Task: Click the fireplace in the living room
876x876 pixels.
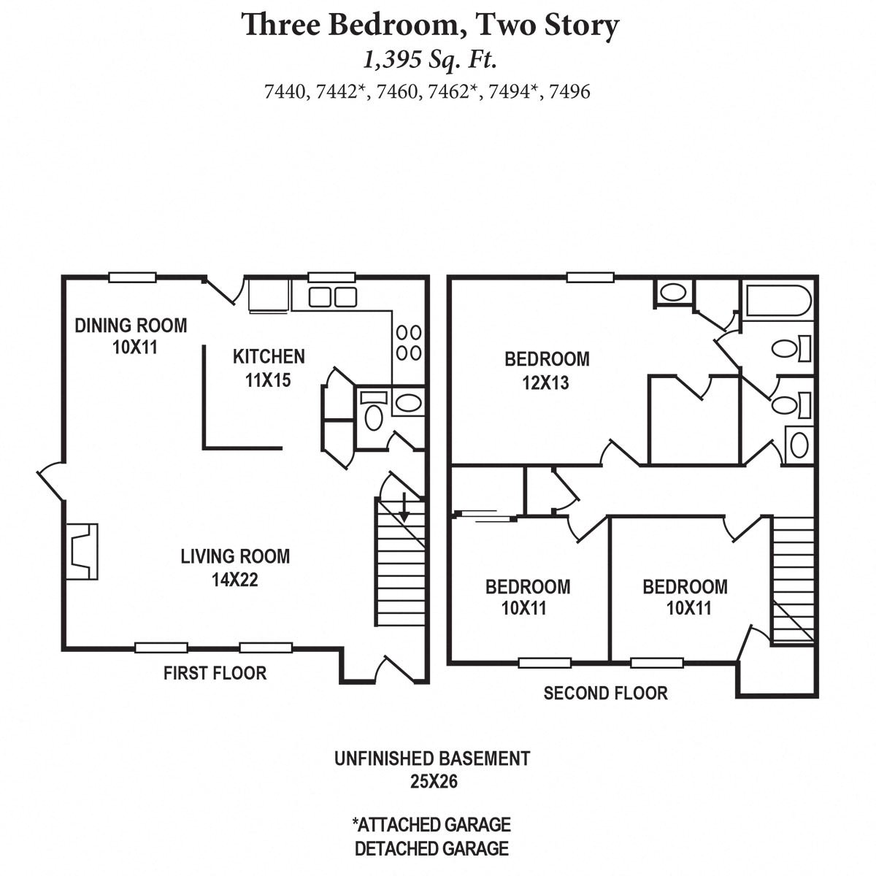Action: (x=82, y=552)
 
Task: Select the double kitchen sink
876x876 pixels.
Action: (x=332, y=296)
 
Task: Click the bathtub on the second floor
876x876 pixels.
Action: (x=777, y=301)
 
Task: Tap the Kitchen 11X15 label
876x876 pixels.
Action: (x=269, y=367)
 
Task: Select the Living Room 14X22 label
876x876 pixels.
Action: (x=235, y=568)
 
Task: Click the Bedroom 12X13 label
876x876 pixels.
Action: (x=547, y=370)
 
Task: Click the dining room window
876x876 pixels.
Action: (x=132, y=277)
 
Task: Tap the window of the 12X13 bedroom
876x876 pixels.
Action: (x=590, y=277)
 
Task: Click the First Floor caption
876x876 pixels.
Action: (x=215, y=672)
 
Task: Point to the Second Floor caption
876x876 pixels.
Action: (x=605, y=693)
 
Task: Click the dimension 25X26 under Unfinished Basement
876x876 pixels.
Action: (x=433, y=782)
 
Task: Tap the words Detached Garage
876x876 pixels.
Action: (x=431, y=849)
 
